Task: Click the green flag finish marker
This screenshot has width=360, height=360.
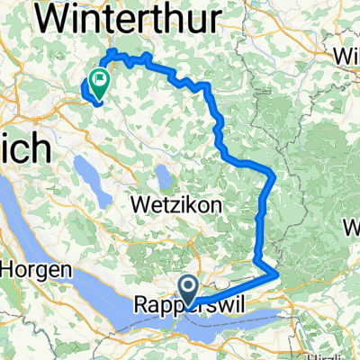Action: tap(98, 81)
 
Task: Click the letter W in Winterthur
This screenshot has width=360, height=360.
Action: tap(58, 18)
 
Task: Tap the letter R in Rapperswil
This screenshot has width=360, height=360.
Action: tap(142, 305)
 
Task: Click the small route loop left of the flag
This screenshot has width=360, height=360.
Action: tap(89, 90)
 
